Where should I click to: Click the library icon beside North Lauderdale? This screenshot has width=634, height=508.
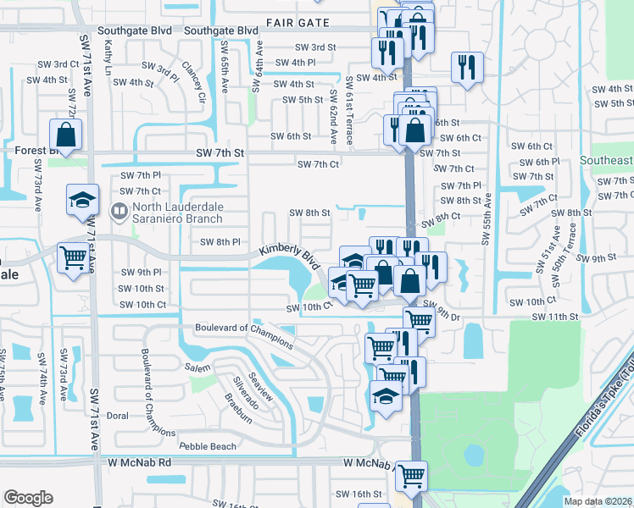pyautogui.click(x=120, y=210)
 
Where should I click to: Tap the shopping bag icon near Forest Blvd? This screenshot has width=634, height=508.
pyautogui.click(x=65, y=134)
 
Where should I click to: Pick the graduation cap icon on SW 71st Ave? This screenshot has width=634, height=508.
pyautogui.click(x=81, y=200)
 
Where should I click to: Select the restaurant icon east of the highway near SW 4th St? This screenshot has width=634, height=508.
pyautogui.click(x=465, y=66)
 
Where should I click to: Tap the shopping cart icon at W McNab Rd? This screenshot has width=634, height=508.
pyautogui.click(x=411, y=475)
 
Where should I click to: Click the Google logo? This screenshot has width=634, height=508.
pyautogui.click(x=28, y=498)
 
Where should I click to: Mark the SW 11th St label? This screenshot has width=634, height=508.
pyautogui.click(x=554, y=316)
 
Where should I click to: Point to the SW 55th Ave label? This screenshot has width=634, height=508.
pyautogui.click(x=487, y=218)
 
